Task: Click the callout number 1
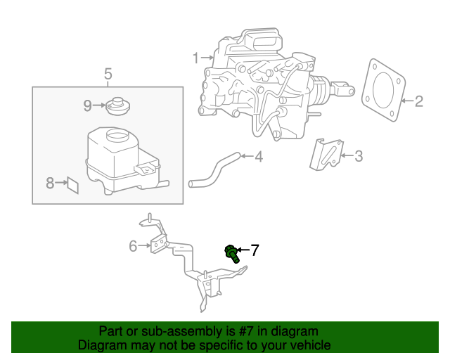196,58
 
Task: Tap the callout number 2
418,101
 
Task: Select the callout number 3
358,156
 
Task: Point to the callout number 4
258,156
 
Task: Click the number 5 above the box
108,73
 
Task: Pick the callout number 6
133,245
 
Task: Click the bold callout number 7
255,250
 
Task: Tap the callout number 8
50,184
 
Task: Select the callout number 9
88,105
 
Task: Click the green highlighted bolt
231,252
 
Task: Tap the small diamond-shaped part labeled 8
72,184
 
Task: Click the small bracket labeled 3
326,154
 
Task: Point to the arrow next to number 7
242,250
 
